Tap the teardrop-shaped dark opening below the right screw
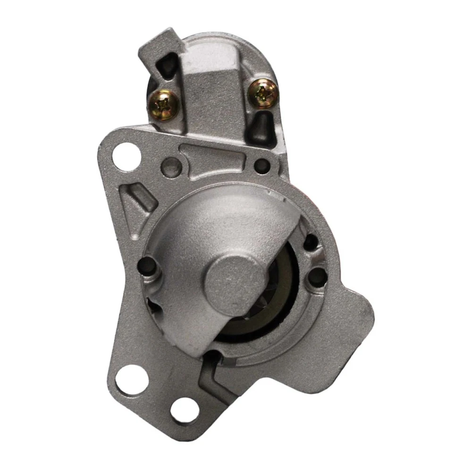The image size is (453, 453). coord(260,126)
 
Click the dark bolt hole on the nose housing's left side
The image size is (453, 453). coord(150,267)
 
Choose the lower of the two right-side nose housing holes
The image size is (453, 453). coord(317,276)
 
